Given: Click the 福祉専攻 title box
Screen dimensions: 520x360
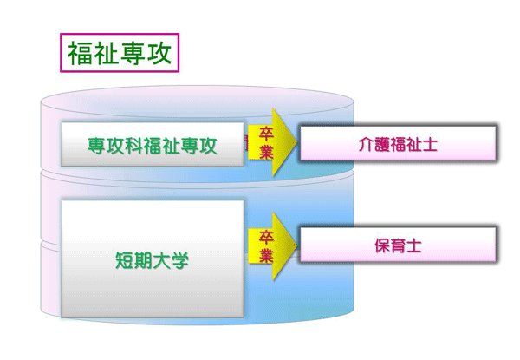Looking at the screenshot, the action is pos(120,52).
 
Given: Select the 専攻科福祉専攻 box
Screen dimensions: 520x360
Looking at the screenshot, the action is pos(153,144).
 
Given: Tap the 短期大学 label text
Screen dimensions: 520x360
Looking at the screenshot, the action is pos(152,260).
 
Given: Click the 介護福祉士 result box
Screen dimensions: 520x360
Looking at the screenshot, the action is pos(398,143).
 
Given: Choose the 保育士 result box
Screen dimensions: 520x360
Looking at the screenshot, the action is pos(398,245).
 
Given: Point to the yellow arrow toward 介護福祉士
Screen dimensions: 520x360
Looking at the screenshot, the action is pos(272,142).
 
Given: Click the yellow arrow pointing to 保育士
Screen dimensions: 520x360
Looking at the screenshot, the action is pos(272,245).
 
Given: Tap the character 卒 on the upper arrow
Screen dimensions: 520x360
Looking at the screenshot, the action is pos(266,133).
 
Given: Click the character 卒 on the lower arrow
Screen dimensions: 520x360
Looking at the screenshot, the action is pos(266,237).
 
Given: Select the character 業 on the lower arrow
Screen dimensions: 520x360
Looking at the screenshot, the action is pos(266,256).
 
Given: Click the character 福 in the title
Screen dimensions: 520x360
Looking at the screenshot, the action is pos(81,53).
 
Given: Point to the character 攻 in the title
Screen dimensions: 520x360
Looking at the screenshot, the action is pos(159,53).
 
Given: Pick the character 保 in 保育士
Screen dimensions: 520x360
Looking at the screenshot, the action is pos(382,245).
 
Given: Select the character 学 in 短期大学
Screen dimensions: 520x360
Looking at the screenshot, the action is pos(179,260).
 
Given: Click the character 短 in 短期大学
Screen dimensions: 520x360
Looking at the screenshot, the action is pos(124,260).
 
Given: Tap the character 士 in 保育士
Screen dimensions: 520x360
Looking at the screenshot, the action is pos(414,245).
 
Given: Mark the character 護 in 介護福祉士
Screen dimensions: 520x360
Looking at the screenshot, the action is pos(382,144).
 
